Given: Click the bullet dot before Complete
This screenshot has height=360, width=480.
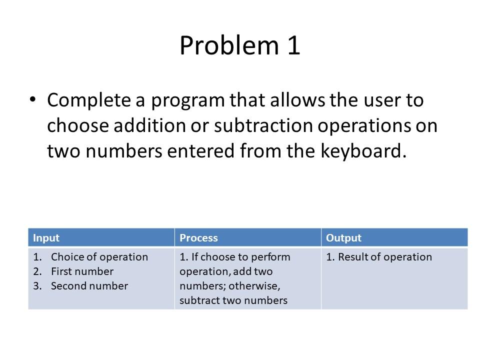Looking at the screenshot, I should [33, 99].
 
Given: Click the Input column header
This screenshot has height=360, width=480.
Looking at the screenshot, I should [46, 238].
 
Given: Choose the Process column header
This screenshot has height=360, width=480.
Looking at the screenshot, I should [198, 238].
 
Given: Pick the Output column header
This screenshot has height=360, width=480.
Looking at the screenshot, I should [343, 238].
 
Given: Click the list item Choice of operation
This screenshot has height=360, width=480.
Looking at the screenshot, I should [99, 257].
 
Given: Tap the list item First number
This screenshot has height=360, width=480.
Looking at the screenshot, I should [82, 271].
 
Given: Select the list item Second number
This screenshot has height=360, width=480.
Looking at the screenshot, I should [89, 286].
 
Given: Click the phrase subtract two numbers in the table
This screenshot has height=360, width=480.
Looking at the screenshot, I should [233, 300].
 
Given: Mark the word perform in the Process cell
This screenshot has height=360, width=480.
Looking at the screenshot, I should [273, 257].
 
